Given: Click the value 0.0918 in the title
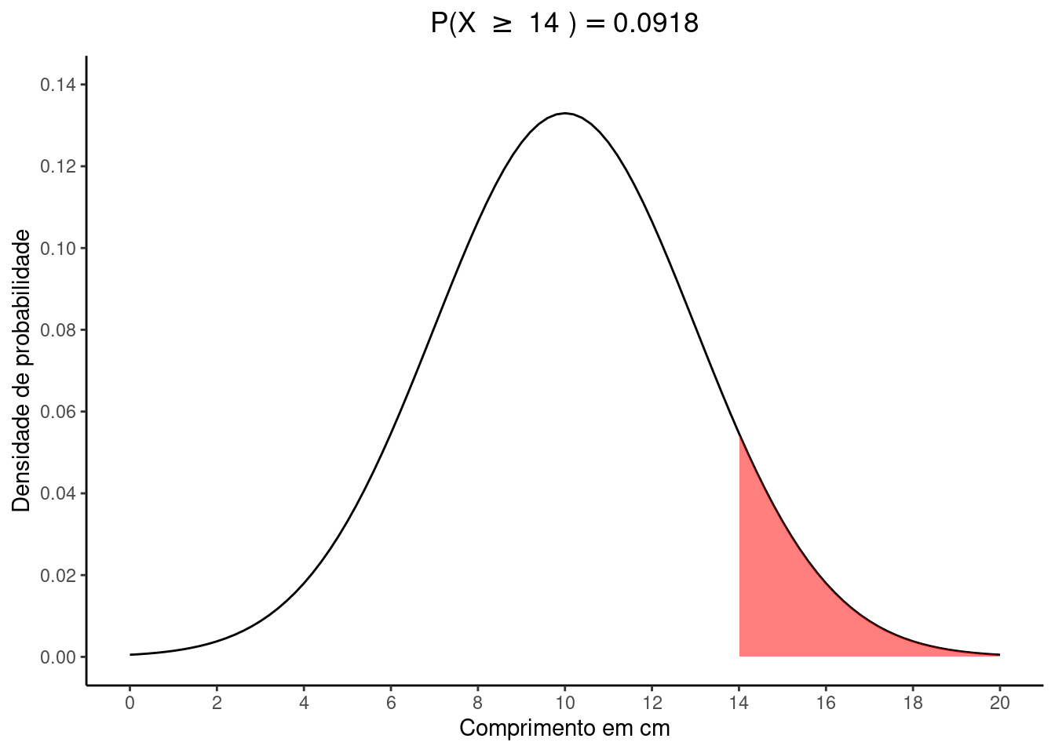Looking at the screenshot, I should tap(655, 24).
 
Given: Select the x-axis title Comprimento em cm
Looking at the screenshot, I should tap(564, 728).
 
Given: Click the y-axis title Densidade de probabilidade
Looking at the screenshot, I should tap(22, 370).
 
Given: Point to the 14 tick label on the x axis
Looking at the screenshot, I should tap(739, 703).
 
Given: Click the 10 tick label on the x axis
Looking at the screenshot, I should tap(564, 703).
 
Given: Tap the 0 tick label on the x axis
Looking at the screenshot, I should tap(130, 703).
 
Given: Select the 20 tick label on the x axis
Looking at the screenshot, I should tap(999, 703).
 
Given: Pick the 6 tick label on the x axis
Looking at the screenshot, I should tap(391, 703).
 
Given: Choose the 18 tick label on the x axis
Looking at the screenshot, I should tap(912, 703).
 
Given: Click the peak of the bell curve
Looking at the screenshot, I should tap(564, 114).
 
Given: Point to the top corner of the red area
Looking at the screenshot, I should tap(739, 435).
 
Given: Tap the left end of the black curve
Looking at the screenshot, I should tap(131, 654).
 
